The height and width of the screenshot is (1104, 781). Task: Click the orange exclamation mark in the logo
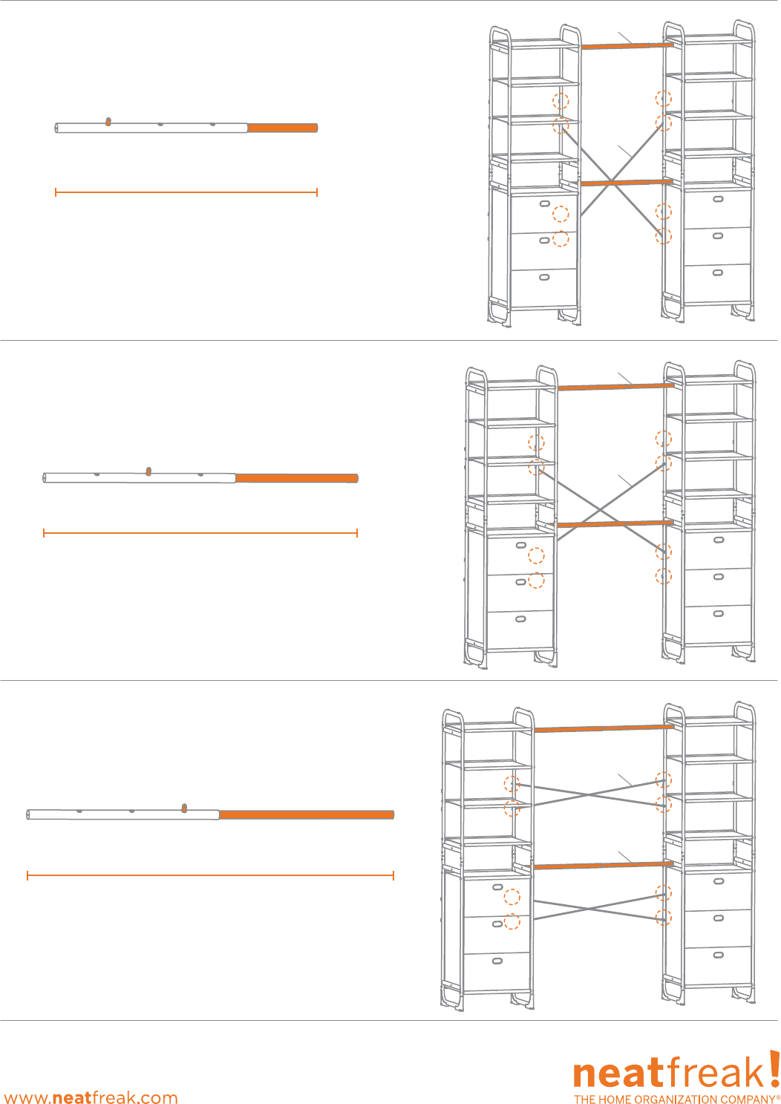coord(774,1070)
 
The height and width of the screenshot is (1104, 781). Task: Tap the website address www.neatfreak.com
coord(91,1097)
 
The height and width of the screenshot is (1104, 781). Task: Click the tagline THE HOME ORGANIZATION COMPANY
coord(676,1099)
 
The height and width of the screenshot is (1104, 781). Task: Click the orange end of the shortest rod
coord(282,128)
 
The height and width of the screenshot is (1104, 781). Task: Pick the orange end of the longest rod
coord(306,814)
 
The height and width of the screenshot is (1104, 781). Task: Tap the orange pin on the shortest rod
coord(108,122)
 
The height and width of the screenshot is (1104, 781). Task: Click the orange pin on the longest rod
coord(184,808)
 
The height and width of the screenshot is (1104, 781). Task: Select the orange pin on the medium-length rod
coord(148,471)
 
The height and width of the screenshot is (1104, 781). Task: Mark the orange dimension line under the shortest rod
coord(186,192)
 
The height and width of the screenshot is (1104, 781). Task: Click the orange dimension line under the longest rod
coord(210,876)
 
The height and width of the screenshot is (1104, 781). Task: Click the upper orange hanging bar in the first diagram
coord(627,46)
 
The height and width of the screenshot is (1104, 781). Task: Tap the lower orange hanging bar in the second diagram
coord(615,524)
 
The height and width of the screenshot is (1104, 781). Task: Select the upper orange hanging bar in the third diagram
coord(603,729)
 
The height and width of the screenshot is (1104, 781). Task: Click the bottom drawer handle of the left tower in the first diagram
coord(544,278)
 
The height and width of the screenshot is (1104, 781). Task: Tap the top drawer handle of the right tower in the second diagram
coord(718,540)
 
